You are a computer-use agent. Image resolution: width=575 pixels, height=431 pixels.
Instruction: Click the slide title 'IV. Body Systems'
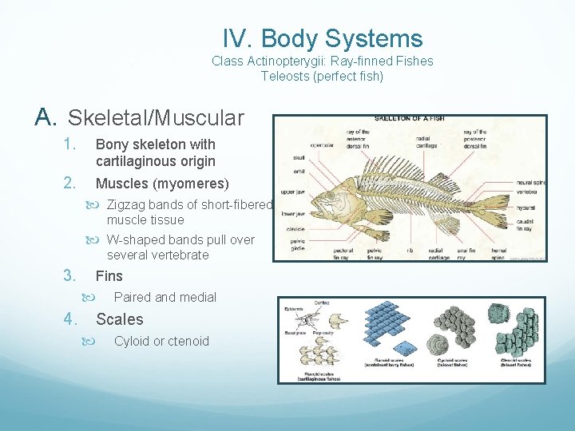(x=323, y=38)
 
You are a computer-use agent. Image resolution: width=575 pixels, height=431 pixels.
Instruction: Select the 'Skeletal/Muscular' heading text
(x=156, y=118)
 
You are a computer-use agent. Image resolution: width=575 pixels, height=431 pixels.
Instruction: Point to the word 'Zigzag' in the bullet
(x=125, y=205)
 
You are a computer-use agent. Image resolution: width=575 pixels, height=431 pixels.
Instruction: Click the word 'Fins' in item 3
(x=109, y=276)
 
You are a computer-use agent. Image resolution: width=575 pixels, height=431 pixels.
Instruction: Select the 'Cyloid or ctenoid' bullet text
(x=161, y=341)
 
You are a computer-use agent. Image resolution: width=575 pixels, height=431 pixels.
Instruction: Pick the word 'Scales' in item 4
(x=120, y=319)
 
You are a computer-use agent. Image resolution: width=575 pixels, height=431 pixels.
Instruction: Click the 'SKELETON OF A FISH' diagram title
(x=410, y=118)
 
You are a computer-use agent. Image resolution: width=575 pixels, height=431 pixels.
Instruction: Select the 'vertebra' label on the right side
(x=530, y=192)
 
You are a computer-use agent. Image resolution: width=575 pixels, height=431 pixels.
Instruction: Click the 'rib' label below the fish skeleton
(x=409, y=249)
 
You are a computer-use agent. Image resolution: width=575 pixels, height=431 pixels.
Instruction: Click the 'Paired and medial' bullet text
(x=165, y=297)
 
